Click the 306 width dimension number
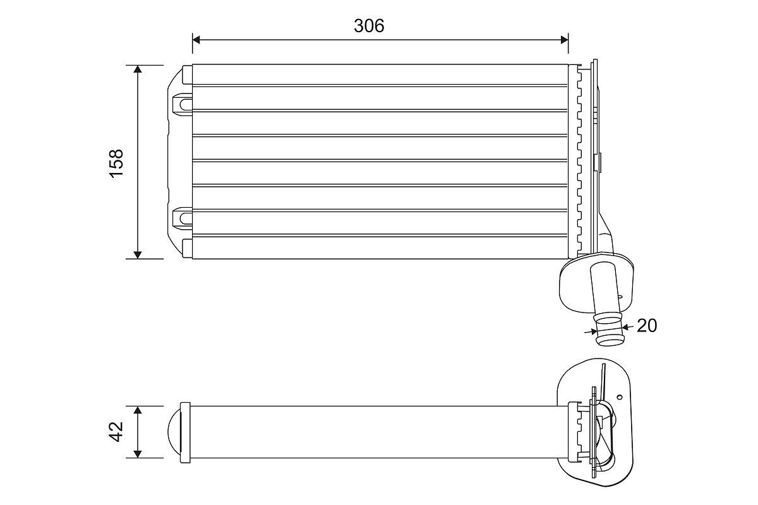(x=369, y=26)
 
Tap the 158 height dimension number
(x=116, y=163)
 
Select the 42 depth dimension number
(x=116, y=432)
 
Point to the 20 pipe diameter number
(x=647, y=326)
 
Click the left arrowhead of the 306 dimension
(x=196, y=40)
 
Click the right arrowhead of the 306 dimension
(x=564, y=40)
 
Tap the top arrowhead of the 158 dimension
(x=138, y=69)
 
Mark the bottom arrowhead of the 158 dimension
(x=138, y=254)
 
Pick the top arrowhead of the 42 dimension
(x=138, y=410)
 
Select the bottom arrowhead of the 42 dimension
(x=138, y=454)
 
